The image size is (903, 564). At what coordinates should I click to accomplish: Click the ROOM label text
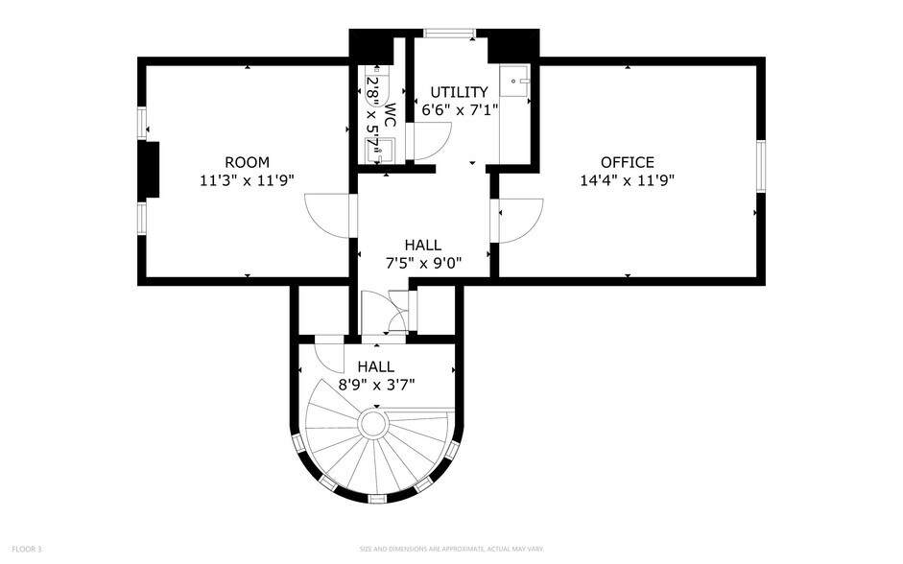[x=247, y=162]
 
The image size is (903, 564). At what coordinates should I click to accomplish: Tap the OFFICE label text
[x=628, y=162]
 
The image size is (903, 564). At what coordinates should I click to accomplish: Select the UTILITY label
[x=459, y=92]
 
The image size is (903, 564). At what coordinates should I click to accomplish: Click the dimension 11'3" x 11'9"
[x=247, y=179]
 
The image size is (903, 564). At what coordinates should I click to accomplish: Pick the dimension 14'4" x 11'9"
[x=628, y=179]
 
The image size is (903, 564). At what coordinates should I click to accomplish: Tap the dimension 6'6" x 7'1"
[x=459, y=109]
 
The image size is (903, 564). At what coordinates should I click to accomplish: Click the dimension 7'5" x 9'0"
[x=423, y=263]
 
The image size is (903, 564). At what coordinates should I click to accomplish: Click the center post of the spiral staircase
[x=372, y=423]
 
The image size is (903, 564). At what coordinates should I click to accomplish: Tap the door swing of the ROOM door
[x=326, y=218]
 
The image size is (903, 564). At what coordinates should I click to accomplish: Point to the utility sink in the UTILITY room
[x=517, y=81]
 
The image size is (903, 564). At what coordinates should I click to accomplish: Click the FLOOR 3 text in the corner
[x=26, y=549]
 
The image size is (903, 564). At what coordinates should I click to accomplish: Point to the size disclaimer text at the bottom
[x=451, y=549]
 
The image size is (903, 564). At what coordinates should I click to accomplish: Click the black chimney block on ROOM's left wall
[x=149, y=171]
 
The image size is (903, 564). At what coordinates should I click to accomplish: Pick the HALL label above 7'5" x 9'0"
[x=423, y=246]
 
